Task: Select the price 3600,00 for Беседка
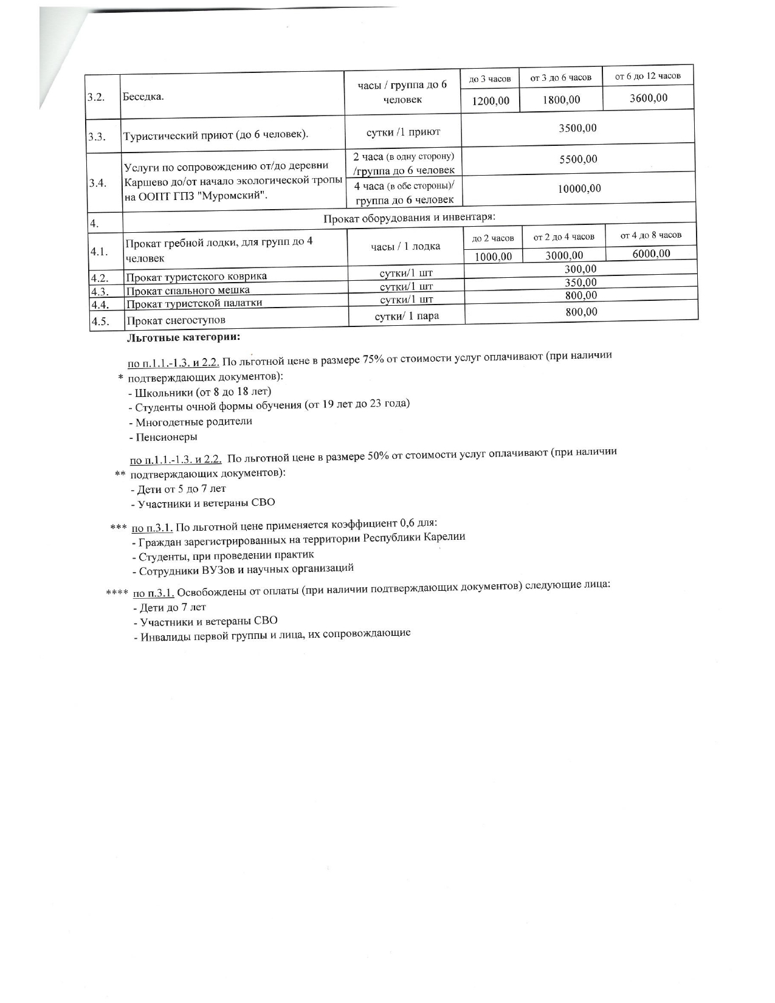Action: (x=648, y=98)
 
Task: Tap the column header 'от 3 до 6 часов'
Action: (x=560, y=78)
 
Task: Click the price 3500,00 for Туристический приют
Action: (x=577, y=128)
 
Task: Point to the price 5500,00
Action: (x=578, y=159)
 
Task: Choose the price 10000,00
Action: (x=579, y=188)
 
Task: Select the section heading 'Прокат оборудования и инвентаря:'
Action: (x=409, y=217)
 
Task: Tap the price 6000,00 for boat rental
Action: (x=651, y=253)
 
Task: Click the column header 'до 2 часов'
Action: (x=493, y=238)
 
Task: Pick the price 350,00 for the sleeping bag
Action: (x=580, y=283)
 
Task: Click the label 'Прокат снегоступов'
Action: (x=176, y=320)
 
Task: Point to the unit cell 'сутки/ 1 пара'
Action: (x=407, y=315)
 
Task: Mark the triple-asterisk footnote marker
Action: (x=117, y=526)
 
